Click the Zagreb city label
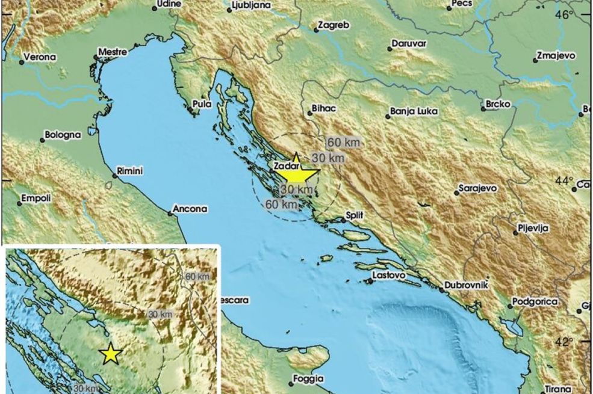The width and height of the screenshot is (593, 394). [332, 26]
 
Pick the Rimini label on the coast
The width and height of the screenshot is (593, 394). [129, 171]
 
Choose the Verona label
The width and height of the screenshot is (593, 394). [40, 58]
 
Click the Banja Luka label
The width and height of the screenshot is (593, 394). [414, 111]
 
